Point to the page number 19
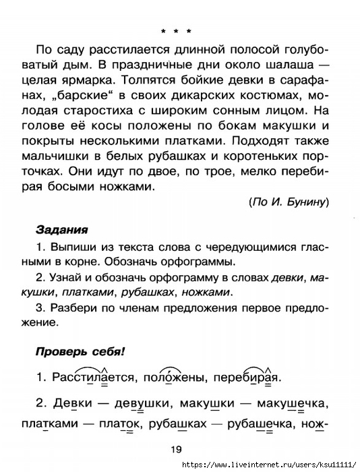tap(177, 450)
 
